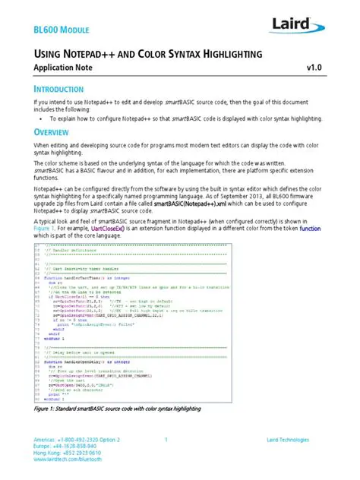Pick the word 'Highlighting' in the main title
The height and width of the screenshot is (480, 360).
click(226, 54)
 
